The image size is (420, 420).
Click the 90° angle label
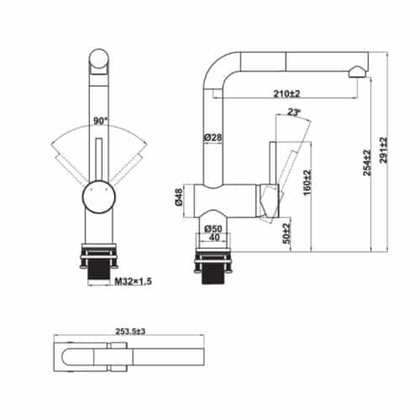(x=99, y=121)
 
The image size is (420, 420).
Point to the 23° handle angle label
(x=293, y=111)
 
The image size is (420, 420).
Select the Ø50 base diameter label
(x=212, y=228)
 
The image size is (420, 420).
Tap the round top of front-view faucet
(x=98, y=61)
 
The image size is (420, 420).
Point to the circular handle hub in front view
(x=97, y=196)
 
